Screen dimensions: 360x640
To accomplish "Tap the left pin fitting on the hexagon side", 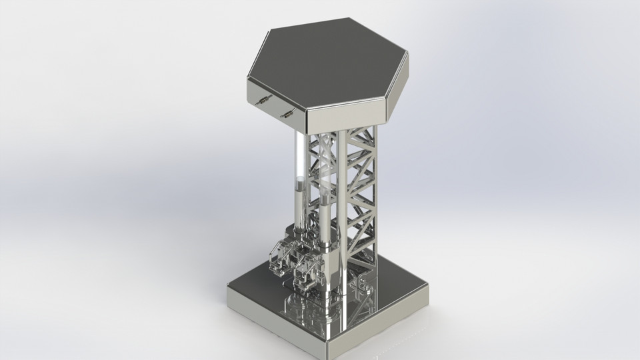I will click(x=261, y=100).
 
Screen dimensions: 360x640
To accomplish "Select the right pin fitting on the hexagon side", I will click(x=288, y=113).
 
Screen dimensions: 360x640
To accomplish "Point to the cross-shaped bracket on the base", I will click(x=360, y=288).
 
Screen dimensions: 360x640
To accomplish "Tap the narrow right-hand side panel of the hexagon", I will click(x=398, y=87).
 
